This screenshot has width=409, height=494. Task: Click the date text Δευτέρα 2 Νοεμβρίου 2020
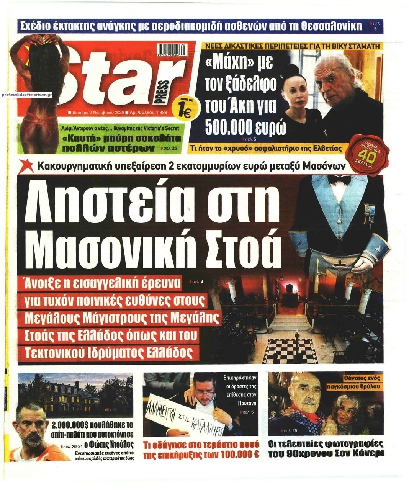pos(97,113)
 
